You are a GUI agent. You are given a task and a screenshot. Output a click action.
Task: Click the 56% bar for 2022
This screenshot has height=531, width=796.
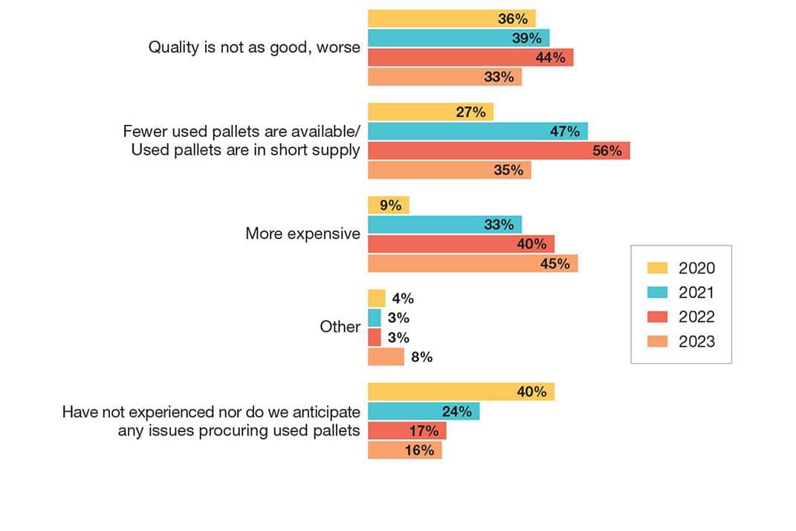(498, 150)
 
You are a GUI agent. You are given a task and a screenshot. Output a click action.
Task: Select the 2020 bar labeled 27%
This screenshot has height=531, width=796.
(430, 112)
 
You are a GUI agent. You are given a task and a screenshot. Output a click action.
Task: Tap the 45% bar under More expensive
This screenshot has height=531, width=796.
(473, 263)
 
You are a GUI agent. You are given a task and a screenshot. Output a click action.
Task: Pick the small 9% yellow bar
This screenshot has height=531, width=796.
(388, 205)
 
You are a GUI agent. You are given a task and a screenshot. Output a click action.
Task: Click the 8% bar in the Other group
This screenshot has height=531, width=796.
(386, 357)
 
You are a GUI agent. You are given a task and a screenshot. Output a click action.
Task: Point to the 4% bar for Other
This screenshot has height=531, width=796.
(377, 298)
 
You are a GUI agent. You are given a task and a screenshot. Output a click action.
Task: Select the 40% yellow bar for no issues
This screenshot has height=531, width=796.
(461, 391)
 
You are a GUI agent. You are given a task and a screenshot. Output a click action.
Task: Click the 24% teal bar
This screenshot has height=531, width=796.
(423, 411)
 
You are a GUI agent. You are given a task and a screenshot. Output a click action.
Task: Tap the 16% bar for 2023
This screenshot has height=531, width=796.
(404, 450)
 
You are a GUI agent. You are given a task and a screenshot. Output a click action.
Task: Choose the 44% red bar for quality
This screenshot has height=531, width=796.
(470, 57)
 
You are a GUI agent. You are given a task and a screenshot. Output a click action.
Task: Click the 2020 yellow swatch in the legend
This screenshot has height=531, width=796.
(658, 268)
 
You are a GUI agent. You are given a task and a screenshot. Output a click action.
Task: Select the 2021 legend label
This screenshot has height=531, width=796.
(696, 293)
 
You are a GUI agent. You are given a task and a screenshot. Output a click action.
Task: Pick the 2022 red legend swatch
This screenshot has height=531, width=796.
(658, 318)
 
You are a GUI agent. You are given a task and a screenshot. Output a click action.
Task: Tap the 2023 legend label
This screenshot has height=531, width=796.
(696, 342)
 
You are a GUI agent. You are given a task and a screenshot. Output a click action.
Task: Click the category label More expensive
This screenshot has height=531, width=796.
(302, 234)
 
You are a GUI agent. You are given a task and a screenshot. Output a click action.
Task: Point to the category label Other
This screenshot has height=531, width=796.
(340, 327)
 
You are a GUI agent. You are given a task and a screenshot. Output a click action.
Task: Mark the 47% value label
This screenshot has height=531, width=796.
(565, 132)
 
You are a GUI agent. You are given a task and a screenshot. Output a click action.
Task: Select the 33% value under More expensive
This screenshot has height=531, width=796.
(499, 225)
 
